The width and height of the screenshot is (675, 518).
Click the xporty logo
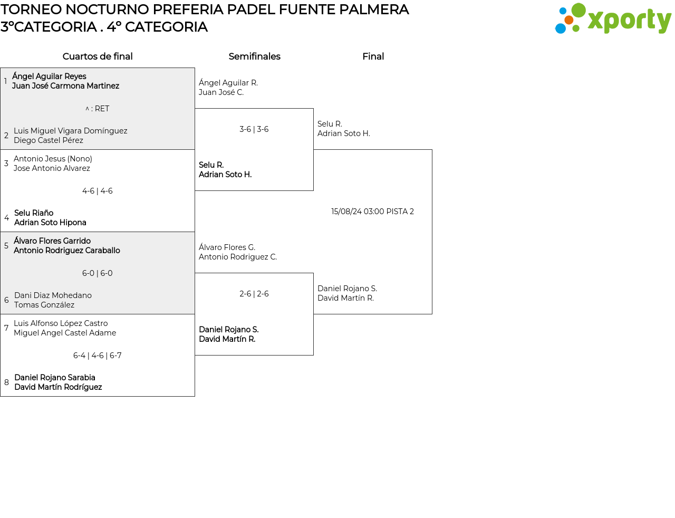click(x=613, y=18)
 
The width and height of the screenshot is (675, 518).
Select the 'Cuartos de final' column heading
click(x=98, y=56)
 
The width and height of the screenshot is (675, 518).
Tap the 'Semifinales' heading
click(x=254, y=56)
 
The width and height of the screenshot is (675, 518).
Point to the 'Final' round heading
click(x=373, y=56)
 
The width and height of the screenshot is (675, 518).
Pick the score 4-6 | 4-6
click(x=97, y=191)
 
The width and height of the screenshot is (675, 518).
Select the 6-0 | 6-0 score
click(x=97, y=273)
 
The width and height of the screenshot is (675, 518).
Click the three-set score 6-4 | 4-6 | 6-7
click(x=97, y=356)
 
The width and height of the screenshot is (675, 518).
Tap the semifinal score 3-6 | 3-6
click(x=254, y=129)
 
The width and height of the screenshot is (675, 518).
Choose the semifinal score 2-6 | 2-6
click(x=254, y=294)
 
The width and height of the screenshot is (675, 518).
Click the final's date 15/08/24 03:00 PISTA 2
click(x=372, y=212)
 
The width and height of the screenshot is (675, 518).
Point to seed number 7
click(x=6, y=328)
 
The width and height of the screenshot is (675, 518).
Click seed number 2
click(x=6, y=136)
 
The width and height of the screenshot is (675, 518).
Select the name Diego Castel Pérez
click(x=49, y=140)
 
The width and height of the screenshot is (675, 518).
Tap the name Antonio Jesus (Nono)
click(x=53, y=159)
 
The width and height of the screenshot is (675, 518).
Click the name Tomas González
click(x=44, y=305)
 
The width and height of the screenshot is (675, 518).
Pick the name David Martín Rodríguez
click(x=58, y=387)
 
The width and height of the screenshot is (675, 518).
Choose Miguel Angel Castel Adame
click(x=65, y=333)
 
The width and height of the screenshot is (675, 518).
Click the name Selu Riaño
click(x=34, y=213)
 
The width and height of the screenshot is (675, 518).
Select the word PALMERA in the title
click(x=374, y=9)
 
